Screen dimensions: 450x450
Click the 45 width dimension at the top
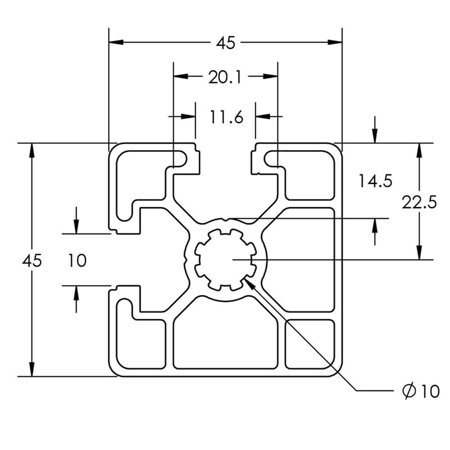click(226, 42)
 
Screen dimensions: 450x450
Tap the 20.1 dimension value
click(225, 77)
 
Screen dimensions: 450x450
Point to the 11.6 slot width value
click(226, 117)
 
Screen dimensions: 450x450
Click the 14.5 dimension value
click(375, 181)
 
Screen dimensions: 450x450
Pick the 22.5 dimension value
click(419, 202)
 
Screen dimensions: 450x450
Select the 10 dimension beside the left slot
click(78, 260)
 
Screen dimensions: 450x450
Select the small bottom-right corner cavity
click(310, 344)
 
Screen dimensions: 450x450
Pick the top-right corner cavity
click(310, 174)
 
